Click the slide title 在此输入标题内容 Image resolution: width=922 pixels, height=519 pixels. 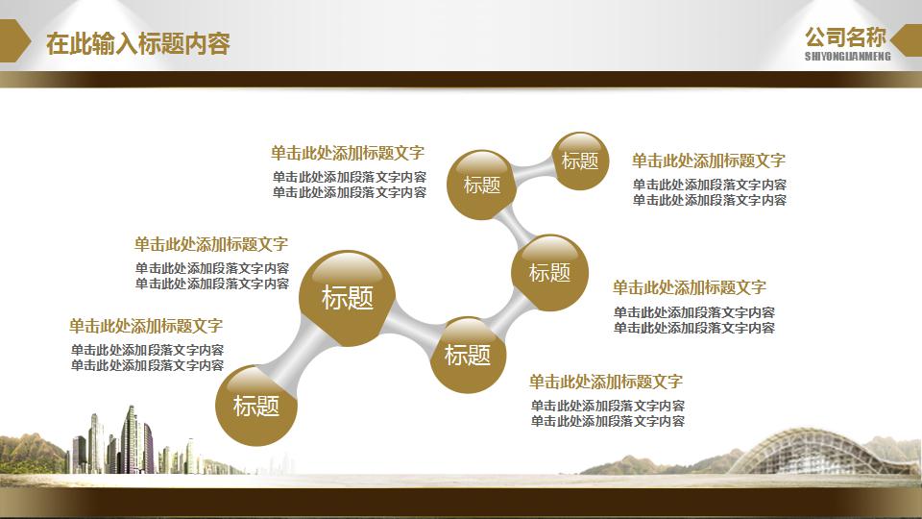pyautogui.click(x=138, y=43)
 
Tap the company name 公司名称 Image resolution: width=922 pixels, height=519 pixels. pyautogui.click(x=845, y=37)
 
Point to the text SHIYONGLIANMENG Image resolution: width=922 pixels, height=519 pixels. pyautogui.click(x=847, y=57)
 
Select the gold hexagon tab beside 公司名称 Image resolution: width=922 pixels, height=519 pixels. pyautogui.click(x=906, y=40)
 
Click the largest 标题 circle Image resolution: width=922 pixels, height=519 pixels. pyautogui.click(x=347, y=298)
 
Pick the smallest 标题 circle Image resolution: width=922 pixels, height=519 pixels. pyautogui.click(x=580, y=161)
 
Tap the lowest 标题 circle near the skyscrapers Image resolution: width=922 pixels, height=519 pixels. pyautogui.click(x=255, y=406)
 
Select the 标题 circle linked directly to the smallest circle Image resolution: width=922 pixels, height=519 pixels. pyautogui.click(x=482, y=185)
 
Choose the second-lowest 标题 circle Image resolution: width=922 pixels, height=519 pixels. pyautogui.click(x=468, y=355)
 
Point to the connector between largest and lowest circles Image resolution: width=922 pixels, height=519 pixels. pyautogui.click(x=296, y=357)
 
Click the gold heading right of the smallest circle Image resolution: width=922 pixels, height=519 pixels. pyautogui.click(x=708, y=161)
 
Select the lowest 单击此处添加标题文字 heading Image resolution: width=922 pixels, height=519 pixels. pyautogui.click(x=606, y=382)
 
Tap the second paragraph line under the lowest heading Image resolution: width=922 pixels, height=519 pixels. pyautogui.click(x=607, y=421)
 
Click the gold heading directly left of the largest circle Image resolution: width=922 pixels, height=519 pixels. pyautogui.click(x=211, y=244)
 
